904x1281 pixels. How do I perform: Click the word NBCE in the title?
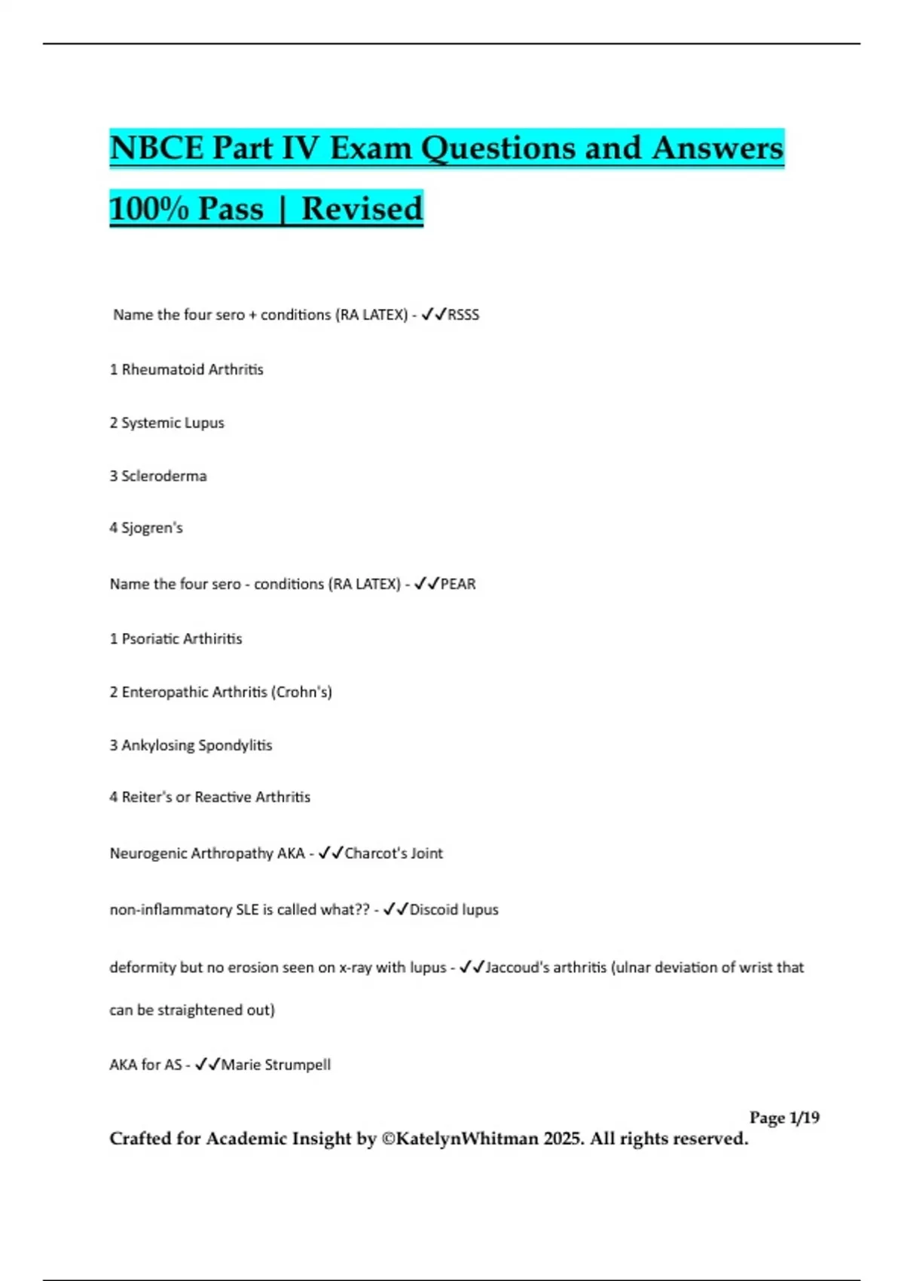pos(157,148)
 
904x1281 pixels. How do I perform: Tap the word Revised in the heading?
pos(362,209)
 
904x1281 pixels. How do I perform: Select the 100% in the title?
pos(148,209)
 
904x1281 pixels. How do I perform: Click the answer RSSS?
pos(463,315)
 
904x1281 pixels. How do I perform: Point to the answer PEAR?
pos(458,584)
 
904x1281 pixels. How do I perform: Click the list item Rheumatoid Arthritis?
pos(192,369)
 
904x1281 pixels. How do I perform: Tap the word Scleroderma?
pos(163,476)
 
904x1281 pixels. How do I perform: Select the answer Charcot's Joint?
pos(393,854)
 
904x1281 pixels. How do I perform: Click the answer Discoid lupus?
pos(454,910)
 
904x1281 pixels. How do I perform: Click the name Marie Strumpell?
pos(276,1065)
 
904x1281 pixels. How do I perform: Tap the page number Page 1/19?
pos(784,1117)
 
